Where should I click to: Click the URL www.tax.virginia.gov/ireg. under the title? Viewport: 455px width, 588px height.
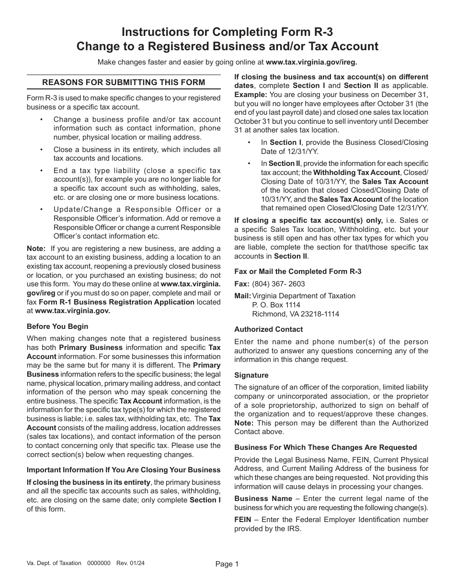[x=311, y=62]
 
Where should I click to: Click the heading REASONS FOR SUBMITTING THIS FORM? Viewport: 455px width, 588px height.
[x=124, y=82]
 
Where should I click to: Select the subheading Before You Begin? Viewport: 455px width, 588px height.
[x=57, y=327]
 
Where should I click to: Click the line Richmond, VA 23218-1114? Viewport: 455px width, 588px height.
[x=296, y=314]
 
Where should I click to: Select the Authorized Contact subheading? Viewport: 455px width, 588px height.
[x=269, y=329]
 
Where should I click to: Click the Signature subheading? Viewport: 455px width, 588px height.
[x=251, y=375]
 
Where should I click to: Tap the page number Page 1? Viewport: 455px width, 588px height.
[x=227, y=564]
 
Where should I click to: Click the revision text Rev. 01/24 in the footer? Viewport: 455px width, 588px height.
[x=130, y=563]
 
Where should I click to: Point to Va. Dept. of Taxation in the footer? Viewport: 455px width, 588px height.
[x=54, y=563]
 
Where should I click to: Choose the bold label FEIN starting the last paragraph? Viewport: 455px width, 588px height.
[x=243, y=520]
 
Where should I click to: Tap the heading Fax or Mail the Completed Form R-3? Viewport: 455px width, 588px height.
[x=298, y=272]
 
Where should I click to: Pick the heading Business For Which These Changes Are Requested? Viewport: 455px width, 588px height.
[x=326, y=447]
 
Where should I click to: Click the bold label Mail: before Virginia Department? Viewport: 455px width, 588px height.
[x=242, y=296]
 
